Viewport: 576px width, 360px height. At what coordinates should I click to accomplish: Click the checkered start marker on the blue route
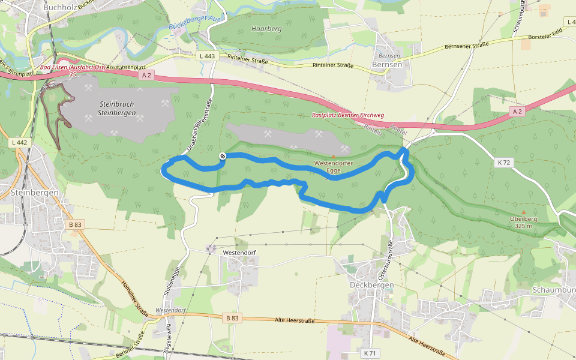[223, 157]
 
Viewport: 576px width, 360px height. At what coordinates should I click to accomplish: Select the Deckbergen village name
[371, 284]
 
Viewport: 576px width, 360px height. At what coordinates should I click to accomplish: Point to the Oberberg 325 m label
[523, 223]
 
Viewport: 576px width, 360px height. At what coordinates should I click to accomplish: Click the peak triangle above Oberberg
[523, 212]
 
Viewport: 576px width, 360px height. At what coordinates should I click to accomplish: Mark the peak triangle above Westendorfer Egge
[334, 156]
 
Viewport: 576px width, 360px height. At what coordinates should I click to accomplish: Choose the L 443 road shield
[206, 56]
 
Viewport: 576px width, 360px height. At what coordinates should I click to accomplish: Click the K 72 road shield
[503, 162]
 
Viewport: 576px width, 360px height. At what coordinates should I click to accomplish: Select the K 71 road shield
[370, 353]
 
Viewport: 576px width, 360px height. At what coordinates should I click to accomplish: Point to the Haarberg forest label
[266, 29]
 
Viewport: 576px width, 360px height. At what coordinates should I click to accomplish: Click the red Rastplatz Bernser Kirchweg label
[348, 115]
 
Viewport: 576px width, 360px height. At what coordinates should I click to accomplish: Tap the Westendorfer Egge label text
[334, 167]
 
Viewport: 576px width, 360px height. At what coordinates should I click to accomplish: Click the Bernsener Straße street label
[466, 45]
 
